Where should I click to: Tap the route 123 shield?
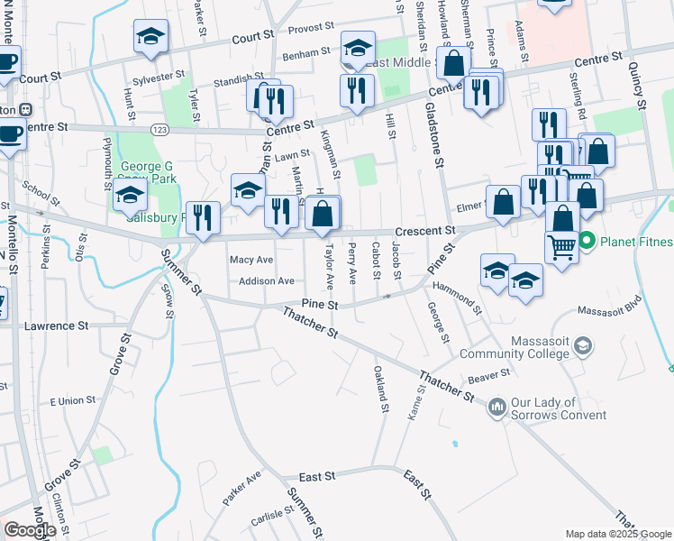(156, 132)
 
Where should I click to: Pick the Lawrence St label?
(56, 325)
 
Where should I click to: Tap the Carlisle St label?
(272, 518)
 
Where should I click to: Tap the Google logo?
(30, 530)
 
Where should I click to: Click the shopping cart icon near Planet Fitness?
(562, 246)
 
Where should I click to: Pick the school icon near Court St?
(150, 37)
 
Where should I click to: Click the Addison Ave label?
(267, 281)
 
